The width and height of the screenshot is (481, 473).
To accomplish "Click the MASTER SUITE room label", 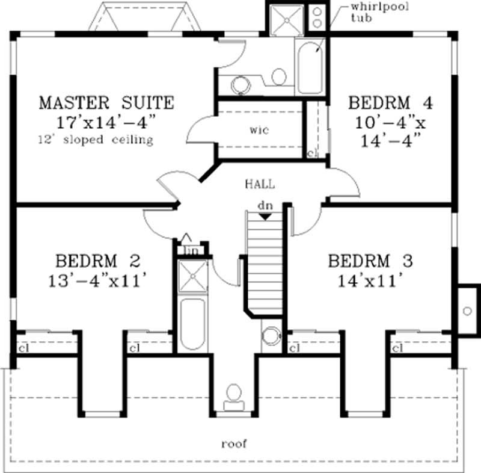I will pos(106,102).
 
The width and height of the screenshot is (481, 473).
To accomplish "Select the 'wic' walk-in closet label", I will pos(259,130).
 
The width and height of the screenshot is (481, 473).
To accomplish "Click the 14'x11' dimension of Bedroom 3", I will pos(369,280).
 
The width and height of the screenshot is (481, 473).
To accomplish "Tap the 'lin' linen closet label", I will pos(192,250).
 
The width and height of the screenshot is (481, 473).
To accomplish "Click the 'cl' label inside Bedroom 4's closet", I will pos(311,153).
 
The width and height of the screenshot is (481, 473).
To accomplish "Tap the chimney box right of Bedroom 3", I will pos(467,311).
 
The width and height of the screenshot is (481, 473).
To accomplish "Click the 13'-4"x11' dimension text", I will pos(97,280).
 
